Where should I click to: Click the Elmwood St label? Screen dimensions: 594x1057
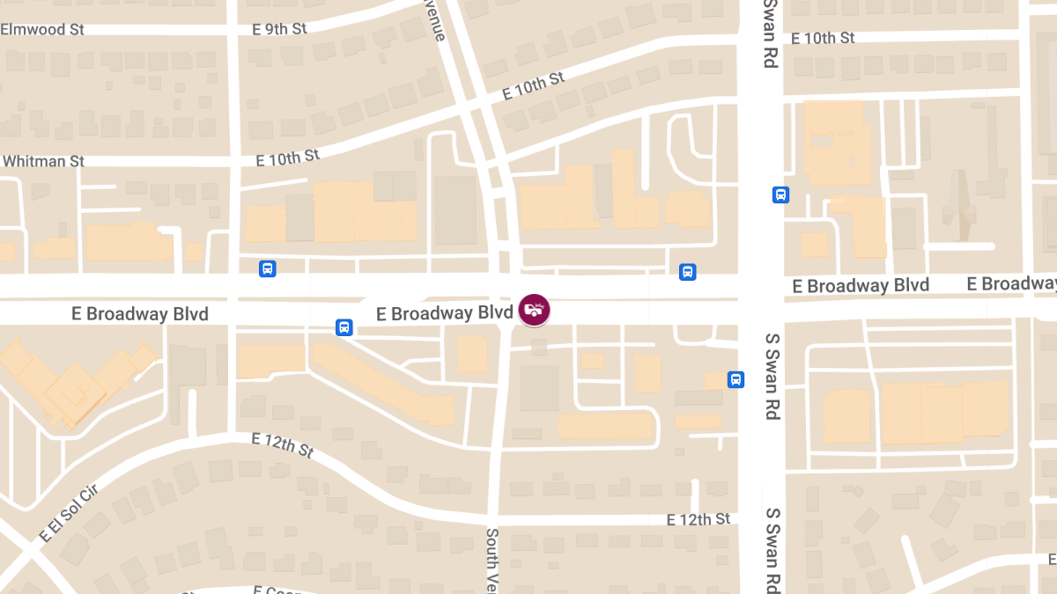[x=42, y=29]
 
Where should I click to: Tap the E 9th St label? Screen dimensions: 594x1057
[x=279, y=29]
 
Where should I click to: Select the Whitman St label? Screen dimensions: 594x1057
[x=44, y=161]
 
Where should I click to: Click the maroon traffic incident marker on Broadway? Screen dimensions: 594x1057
[x=534, y=309]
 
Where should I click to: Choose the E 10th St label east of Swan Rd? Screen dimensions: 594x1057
[x=823, y=38]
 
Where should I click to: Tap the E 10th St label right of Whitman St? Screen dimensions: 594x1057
[x=287, y=158]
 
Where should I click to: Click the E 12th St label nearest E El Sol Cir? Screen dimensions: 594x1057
[x=282, y=445]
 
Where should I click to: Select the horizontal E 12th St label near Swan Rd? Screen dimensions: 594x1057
[x=699, y=519]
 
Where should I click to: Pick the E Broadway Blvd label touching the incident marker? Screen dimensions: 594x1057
[x=444, y=313]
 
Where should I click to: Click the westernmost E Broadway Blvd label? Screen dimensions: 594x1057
[x=140, y=313]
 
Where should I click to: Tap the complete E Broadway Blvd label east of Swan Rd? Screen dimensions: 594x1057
[x=861, y=286]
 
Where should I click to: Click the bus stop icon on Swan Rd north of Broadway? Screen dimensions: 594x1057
[x=780, y=194]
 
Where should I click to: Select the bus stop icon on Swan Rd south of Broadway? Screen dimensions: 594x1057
[x=735, y=379]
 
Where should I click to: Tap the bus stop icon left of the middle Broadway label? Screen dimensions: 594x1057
[x=344, y=327]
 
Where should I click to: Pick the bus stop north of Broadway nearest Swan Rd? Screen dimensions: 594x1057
[x=688, y=272]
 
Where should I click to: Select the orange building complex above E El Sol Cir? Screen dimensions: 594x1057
[x=75, y=378]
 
